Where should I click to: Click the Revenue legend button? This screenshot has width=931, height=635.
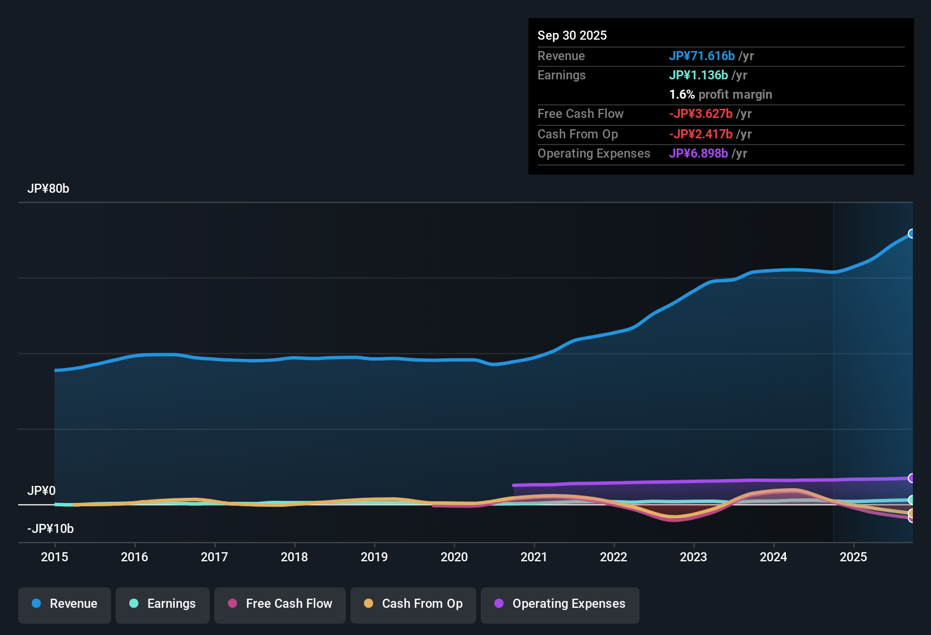click(65, 604)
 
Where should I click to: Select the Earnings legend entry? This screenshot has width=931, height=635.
click(163, 604)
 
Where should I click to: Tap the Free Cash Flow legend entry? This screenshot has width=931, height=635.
click(280, 604)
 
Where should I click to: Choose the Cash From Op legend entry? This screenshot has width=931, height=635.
click(413, 604)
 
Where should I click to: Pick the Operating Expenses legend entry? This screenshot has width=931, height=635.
click(560, 604)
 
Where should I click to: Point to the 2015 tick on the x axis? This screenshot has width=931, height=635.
click(54, 557)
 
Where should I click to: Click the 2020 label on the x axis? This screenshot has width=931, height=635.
click(454, 557)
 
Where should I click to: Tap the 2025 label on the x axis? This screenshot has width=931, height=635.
click(853, 557)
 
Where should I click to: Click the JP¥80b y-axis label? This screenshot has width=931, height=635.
click(48, 189)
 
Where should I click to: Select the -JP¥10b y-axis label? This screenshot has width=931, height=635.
click(50, 529)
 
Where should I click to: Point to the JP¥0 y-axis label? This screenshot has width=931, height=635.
click(41, 491)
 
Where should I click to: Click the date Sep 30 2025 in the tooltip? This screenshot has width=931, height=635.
click(572, 35)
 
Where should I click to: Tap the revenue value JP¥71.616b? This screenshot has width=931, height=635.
click(702, 56)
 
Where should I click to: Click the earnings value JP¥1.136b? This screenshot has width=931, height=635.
click(699, 75)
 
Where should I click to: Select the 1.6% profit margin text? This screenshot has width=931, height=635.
click(721, 95)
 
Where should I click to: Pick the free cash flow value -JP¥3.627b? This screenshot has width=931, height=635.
click(701, 113)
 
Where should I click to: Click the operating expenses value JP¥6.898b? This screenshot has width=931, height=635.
click(699, 154)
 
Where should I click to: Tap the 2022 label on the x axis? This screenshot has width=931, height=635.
click(613, 557)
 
